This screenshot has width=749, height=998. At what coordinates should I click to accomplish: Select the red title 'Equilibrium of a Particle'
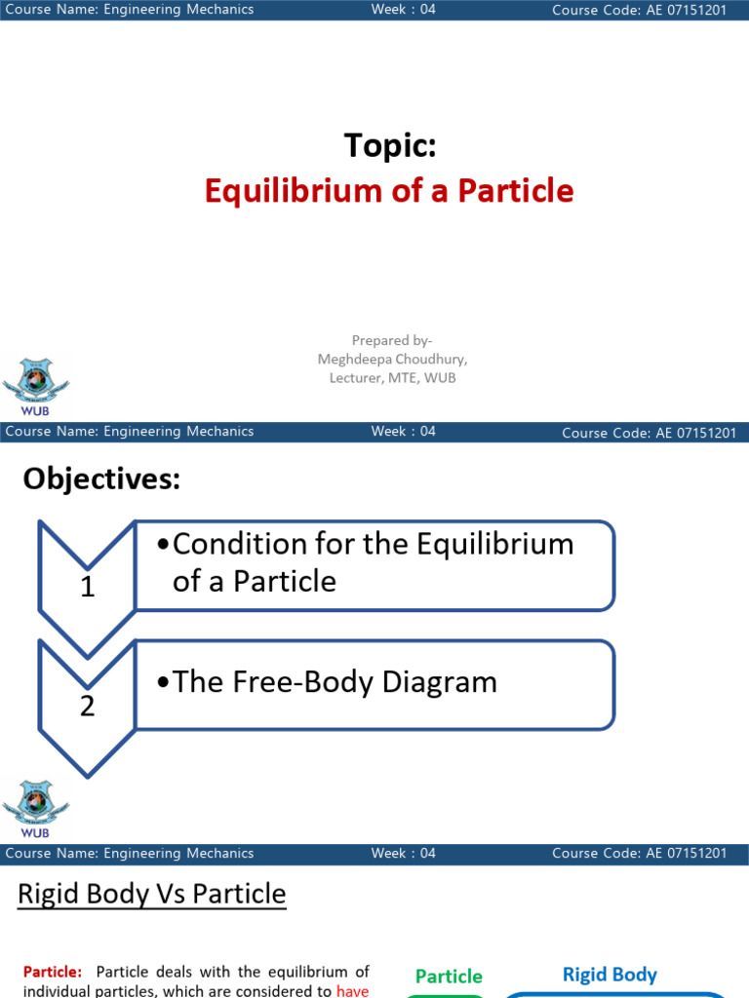coord(389,190)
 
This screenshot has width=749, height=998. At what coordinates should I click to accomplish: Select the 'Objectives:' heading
coord(101,479)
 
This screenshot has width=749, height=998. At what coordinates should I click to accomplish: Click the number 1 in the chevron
coord(88,588)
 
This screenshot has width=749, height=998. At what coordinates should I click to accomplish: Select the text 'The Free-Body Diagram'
coord(335,682)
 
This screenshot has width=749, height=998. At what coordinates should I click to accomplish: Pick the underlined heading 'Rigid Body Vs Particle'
coord(152,895)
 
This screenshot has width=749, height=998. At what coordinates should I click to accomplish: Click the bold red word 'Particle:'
coord(54,972)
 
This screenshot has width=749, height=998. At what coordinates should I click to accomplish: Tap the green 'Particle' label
coord(449,976)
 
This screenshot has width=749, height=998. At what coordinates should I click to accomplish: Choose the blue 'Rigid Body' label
coord(610,975)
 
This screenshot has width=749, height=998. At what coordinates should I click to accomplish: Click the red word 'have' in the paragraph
coord(352,990)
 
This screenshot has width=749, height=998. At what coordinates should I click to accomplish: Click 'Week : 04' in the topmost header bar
coord(403,10)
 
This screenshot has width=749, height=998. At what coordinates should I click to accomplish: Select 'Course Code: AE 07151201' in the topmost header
coord(639,10)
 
